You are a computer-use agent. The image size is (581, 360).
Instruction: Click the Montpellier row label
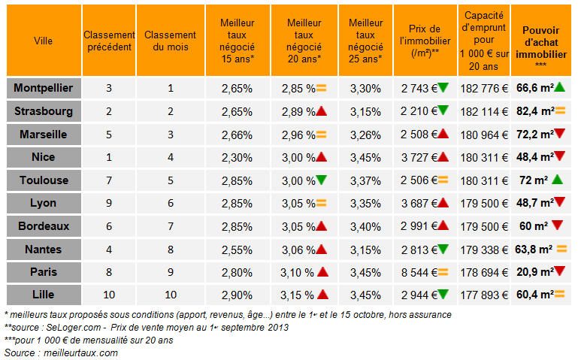[43, 88]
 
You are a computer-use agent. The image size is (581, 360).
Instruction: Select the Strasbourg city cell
[43, 111]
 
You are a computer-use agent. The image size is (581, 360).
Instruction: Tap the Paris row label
[43, 271]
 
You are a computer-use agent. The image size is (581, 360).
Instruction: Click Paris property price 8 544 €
[419, 271]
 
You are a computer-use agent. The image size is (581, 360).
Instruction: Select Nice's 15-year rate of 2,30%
[237, 157]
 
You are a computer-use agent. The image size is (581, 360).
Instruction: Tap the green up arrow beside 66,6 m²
[561, 87]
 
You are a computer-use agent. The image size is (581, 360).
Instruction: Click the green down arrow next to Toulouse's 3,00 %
[321, 180]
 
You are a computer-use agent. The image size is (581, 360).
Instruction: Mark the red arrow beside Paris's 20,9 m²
[561, 271]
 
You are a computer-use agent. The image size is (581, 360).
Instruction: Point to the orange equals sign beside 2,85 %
[320, 88]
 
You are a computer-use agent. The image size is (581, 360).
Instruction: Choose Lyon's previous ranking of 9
[109, 203]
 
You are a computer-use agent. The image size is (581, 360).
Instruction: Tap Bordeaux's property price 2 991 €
[419, 225]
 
